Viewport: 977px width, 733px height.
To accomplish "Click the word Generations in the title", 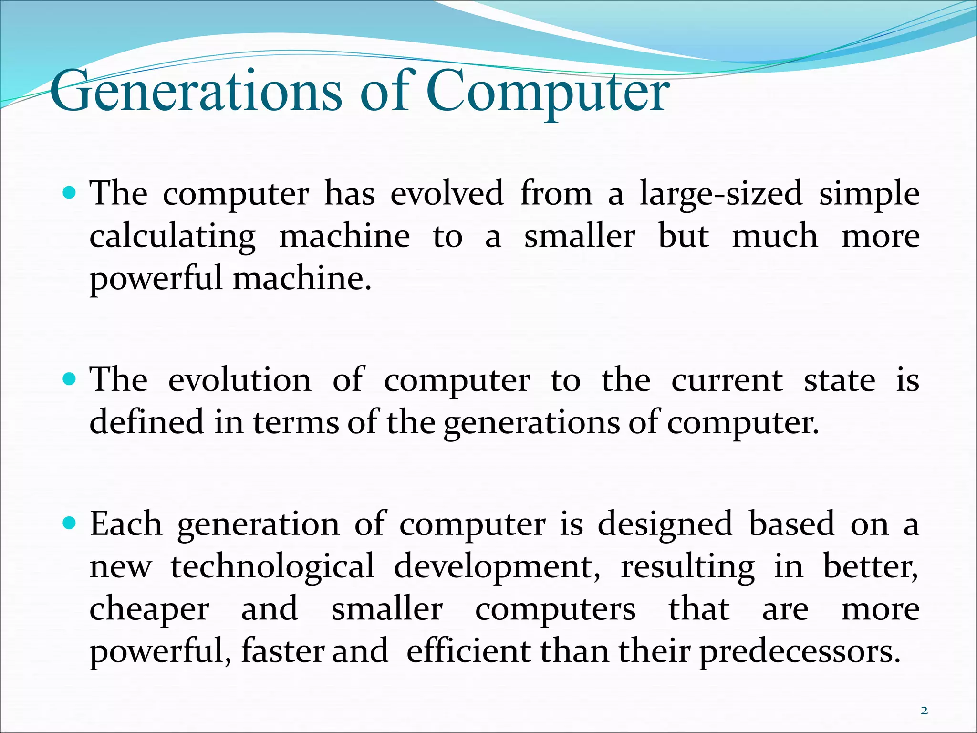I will pyautogui.click(x=196, y=91).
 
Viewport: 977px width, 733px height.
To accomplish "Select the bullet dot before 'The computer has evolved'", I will pyautogui.click(x=70, y=193).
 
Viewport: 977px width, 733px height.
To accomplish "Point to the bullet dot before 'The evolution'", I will pyautogui.click(x=70, y=379).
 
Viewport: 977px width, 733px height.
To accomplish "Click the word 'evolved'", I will pyautogui.click(x=447, y=193).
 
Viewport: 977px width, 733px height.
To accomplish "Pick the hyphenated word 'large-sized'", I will pyautogui.click(x=721, y=193).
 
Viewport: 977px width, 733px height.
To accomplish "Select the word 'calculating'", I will pyautogui.click(x=173, y=237).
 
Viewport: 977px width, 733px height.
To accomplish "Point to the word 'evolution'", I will pyautogui.click(x=239, y=380).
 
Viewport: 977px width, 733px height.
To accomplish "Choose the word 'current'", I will pyautogui.click(x=727, y=381).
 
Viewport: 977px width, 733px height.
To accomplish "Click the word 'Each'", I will pyautogui.click(x=126, y=524).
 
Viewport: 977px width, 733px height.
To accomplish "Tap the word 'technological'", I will pyautogui.click(x=273, y=567).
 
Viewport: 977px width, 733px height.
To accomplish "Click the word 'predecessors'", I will pyautogui.click(x=800, y=652).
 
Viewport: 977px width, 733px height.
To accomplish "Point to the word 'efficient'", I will pyautogui.click(x=468, y=651).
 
